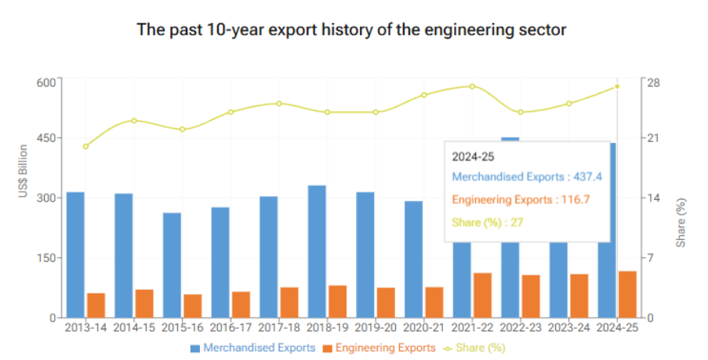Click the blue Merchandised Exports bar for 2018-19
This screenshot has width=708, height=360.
[317, 251]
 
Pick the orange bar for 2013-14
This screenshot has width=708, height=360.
[96, 305]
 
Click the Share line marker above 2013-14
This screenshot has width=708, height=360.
[86, 146]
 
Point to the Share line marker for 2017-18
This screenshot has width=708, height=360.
[279, 104]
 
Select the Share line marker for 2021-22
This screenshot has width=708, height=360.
[473, 86]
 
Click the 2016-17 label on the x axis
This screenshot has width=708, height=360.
[231, 329]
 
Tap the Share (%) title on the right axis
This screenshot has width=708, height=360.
[681, 224]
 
